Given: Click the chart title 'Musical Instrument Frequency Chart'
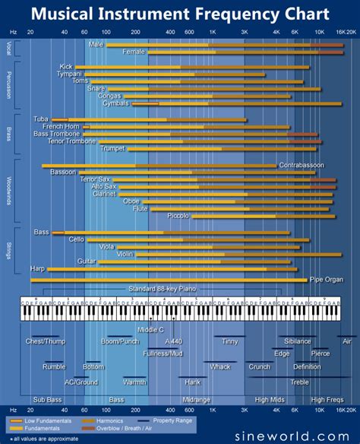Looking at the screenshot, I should [180, 14].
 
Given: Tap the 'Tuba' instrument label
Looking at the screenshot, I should [40, 119].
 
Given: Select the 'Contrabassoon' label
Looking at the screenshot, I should [302, 165].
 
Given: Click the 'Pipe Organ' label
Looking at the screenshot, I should [327, 280].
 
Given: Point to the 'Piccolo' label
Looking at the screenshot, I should [178, 216].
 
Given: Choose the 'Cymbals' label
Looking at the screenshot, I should [116, 103].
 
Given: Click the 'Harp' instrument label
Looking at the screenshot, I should [38, 268].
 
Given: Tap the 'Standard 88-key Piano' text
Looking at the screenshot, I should [162, 289].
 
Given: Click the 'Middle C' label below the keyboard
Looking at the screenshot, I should [151, 329].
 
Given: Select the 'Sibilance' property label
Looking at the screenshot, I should [297, 341].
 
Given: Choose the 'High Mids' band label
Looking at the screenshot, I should [270, 399].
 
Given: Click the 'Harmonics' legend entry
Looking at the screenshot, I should [109, 420].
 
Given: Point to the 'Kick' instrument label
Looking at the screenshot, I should [66, 67].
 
